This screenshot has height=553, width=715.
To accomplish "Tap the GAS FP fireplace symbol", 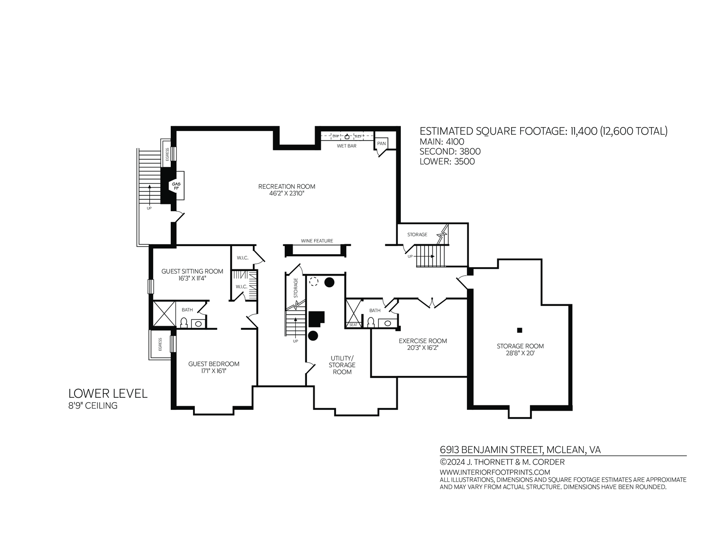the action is click(x=176, y=186).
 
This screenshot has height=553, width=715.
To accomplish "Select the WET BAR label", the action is click(x=346, y=145).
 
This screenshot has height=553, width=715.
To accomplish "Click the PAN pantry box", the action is click(x=381, y=143).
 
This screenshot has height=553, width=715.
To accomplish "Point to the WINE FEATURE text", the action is click(x=317, y=241).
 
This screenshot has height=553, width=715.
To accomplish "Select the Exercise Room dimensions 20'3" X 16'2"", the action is click(x=423, y=348).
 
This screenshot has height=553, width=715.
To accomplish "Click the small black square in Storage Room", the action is click(x=520, y=330).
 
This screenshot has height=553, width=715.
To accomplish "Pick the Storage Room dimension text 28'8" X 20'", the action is click(x=520, y=353).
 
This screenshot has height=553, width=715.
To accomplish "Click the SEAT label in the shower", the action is click(x=353, y=324).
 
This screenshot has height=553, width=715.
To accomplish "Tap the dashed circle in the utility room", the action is click(x=314, y=281).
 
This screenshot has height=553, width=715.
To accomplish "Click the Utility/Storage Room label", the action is click(x=342, y=365).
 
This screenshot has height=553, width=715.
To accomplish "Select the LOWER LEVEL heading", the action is click(x=108, y=393).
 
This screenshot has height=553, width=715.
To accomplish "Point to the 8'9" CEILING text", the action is click(x=93, y=405).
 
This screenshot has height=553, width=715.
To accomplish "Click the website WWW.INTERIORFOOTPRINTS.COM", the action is click(x=495, y=472).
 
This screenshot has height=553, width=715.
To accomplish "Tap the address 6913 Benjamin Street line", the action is click(x=520, y=450).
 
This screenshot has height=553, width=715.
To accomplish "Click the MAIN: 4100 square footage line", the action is click(x=442, y=142).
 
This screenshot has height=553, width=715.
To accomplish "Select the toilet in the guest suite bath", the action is click(x=184, y=323).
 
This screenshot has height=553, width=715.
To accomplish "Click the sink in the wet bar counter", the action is click(x=347, y=136).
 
